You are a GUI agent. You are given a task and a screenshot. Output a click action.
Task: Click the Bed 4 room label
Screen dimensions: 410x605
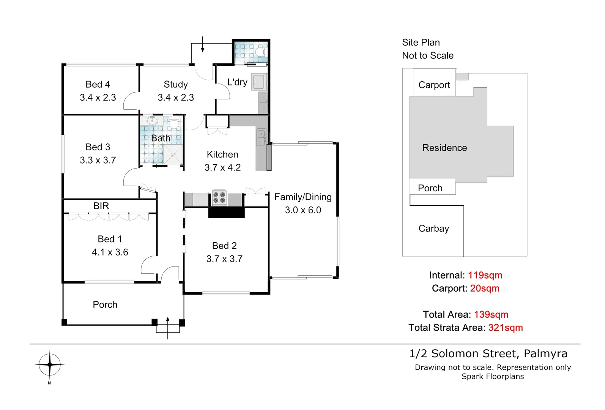tap(98, 84)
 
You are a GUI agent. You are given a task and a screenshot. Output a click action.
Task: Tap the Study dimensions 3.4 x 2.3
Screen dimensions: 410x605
tap(176, 98)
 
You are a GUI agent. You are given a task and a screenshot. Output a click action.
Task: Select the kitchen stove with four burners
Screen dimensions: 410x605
tap(219, 197)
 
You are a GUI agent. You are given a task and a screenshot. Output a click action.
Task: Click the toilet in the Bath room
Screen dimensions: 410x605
tap(174, 123)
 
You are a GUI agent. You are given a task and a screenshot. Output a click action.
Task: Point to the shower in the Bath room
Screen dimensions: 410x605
tap(173, 155)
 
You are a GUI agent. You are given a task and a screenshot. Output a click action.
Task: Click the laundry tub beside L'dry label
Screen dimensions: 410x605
tap(259, 82)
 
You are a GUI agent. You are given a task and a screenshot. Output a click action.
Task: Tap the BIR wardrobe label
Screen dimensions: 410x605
tap(101, 206)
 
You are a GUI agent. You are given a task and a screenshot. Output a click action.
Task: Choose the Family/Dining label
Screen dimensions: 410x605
tap(303, 197)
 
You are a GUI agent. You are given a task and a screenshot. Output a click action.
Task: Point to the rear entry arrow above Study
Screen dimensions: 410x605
tap(203, 45)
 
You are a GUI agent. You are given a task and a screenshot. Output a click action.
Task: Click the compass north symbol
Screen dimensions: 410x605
tap(49, 365)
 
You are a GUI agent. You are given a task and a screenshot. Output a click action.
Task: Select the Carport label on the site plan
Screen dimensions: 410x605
tap(434, 85)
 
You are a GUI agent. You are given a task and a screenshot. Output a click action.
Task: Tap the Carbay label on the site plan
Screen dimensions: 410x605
tap(433, 229)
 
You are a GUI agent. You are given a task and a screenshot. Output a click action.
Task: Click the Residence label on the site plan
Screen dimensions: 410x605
tap(444, 148)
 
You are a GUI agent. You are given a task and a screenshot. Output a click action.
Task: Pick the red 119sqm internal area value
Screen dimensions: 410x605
tap(485, 275)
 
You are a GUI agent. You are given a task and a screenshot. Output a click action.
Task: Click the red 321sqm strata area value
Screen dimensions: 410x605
tap(505, 328)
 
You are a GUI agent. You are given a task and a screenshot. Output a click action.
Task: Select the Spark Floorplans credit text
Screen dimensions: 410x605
tap(493, 377)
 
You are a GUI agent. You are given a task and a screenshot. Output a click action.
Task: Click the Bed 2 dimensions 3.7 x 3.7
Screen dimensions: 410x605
tap(224, 259)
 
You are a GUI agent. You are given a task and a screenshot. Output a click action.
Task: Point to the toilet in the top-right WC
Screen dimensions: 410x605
tap(260, 52)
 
